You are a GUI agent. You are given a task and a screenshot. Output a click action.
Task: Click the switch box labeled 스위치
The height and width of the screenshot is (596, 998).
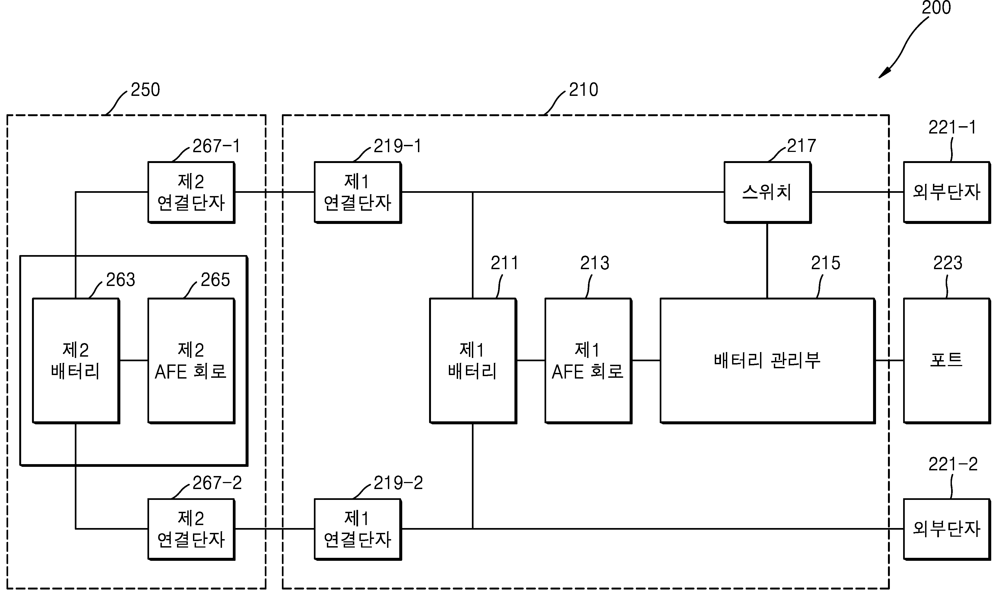coord(767,192)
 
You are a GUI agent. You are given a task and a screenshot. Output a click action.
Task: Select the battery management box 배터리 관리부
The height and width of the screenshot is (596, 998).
coord(767,360)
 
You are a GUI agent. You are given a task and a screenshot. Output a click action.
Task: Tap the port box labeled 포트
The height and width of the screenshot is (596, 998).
coord(946,360)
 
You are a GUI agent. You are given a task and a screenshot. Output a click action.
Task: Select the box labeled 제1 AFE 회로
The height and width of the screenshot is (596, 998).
coord(588,360)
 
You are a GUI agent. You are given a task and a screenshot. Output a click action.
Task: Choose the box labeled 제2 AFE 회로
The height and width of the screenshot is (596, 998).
coord(191,360)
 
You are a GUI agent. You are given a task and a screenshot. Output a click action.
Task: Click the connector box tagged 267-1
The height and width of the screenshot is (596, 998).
coord(191,192)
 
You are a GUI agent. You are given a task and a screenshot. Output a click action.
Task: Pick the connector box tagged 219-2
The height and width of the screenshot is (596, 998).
coord(357,529)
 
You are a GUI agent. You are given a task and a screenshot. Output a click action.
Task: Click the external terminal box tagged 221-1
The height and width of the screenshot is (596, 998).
coord(946,192)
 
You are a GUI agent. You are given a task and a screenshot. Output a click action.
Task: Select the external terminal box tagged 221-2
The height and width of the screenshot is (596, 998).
coord(946,529)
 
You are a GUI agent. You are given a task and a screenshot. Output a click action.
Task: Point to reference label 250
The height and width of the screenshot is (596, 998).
coord(145,90)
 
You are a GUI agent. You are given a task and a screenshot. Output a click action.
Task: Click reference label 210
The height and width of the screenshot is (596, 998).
coord(583,90)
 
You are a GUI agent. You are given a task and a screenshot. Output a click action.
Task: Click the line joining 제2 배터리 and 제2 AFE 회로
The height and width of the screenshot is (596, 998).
coord(133,360)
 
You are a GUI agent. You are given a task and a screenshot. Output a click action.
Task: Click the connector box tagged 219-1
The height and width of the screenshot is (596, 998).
coord(357,192)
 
